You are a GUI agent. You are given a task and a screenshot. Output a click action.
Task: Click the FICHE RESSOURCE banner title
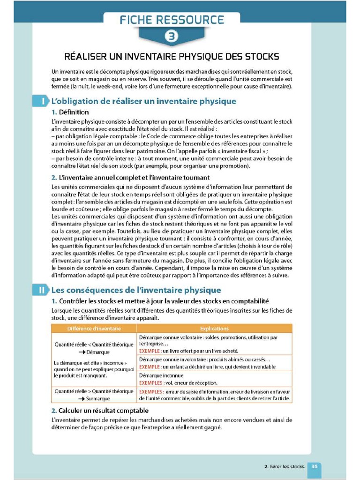tap(172, 20)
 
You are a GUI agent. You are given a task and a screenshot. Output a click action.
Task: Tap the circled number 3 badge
tap(172, 36)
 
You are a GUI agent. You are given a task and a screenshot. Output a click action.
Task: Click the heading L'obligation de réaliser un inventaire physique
tap(143, 101)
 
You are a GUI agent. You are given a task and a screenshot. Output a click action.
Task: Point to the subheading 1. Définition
tap(70, 112)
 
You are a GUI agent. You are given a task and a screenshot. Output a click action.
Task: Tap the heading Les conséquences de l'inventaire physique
tap(136, 290)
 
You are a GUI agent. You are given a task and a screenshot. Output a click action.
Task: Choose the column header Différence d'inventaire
tap(94, 329)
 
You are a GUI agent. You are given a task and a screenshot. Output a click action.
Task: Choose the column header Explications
tap(214, 329)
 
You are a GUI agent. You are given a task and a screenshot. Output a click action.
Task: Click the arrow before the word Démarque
tap(82, 352)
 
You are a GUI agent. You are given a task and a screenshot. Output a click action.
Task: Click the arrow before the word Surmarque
tap(82, 398)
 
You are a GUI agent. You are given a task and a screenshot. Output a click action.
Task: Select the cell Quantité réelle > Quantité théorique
tap(94, 391)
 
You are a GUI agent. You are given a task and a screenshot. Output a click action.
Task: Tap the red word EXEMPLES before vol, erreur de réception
tap(152, 383)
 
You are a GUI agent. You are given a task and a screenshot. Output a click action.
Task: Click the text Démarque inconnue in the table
tap(161, 375)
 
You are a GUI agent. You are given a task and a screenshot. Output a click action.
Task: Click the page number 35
tap(315, 466)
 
